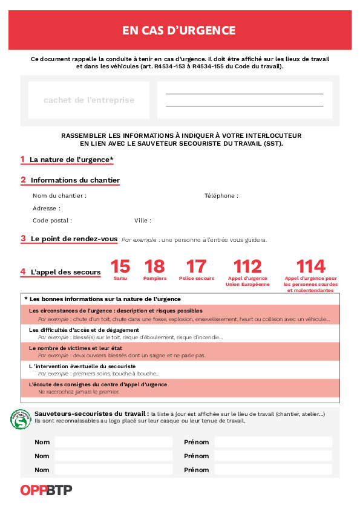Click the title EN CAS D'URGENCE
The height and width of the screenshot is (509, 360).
coord(179,30)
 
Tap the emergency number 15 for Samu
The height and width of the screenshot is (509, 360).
coord(120,267)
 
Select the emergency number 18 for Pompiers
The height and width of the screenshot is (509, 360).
coord(155,267)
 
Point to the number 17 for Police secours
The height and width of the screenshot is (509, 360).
coord(196,267)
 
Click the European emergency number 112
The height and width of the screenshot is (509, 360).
coord(247,267)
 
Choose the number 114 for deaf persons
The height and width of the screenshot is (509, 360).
coord(310,267)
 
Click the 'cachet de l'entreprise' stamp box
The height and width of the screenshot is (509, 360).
coord(89,100)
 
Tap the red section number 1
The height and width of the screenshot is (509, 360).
coord(22,160)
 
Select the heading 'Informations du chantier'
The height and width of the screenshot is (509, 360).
coord(75,180)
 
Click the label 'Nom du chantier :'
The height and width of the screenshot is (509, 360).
coord(59,196)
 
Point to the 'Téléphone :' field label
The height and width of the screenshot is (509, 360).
coord(221,196)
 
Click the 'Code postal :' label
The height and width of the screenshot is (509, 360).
coord(52,221)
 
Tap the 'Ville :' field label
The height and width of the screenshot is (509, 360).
coord(143,221)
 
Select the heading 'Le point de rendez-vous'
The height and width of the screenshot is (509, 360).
coord(74,239)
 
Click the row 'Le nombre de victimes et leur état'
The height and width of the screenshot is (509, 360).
coord(76,348)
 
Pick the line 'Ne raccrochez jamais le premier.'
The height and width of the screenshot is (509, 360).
coord(79,392)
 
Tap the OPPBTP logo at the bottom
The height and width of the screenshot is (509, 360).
coord(46,490)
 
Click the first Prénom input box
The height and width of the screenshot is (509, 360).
coord(273,442)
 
